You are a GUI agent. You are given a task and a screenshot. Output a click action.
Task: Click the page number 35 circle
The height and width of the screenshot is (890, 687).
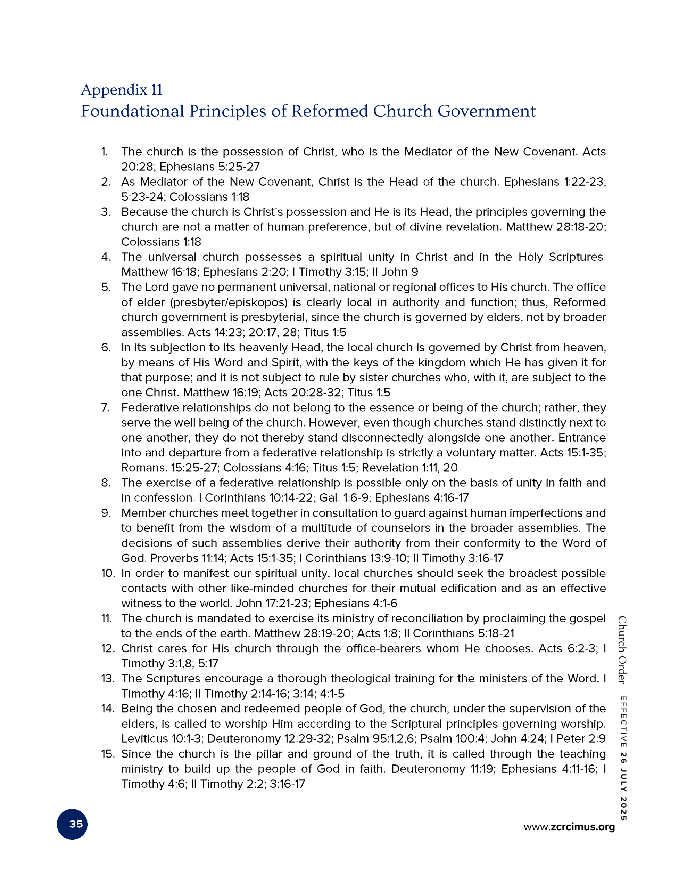[72, 824]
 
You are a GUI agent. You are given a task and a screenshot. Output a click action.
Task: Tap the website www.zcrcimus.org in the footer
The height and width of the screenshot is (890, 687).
[569, 827]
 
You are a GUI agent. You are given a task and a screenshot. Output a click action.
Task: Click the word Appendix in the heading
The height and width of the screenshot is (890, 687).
[114, 90]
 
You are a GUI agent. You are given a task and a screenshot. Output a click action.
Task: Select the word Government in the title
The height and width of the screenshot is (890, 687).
[487, 111]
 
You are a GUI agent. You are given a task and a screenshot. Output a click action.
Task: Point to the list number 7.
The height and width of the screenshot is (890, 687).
[106, 407]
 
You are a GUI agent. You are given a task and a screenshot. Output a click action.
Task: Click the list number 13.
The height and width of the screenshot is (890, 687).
[108, 679]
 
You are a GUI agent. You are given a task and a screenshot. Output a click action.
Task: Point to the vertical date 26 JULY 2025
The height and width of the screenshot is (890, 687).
[623, 788]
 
